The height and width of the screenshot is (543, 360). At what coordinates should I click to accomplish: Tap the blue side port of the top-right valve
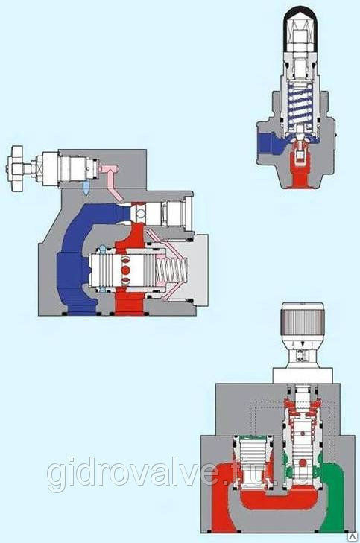coord(271,144)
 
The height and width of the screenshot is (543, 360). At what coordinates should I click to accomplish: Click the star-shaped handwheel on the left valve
coord(16,168)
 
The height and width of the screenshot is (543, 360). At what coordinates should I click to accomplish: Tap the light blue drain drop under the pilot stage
coord(86,188)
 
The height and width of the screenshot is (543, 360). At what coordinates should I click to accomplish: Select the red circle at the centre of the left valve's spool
coord(126,270)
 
